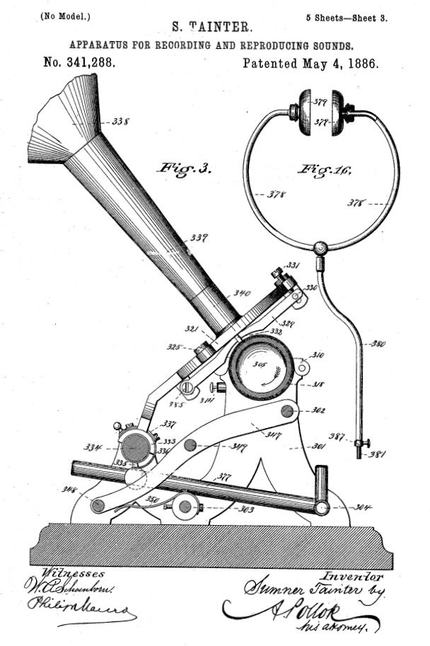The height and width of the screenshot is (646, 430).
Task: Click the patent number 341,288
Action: (79, 62)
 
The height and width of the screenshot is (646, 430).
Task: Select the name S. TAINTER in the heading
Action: (211, 27)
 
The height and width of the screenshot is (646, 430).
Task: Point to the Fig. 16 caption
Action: (325, 169)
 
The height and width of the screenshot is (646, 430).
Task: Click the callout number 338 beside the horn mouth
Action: (121, 122)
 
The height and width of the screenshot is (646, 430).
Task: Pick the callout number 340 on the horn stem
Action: (242, 292)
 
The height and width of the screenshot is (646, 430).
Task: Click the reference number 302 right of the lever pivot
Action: (318, 410)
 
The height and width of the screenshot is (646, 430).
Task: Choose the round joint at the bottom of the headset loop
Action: (320, 248)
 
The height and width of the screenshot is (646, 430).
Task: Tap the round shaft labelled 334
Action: (136, 448)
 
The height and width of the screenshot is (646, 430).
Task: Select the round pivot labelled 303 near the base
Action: (185, 506)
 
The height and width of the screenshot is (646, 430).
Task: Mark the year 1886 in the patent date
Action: (360, 62)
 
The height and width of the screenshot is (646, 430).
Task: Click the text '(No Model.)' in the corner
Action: (61, 15)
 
